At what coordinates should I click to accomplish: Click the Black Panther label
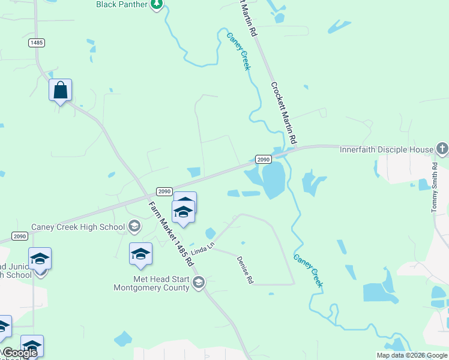(122, 4)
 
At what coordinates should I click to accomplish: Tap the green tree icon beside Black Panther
(157, 4)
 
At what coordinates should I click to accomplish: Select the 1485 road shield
(36, 43)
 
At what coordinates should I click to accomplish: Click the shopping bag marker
(60, 91)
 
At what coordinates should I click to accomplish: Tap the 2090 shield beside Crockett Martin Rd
(264, 159)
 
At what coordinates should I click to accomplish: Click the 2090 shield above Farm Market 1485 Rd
(165, 191)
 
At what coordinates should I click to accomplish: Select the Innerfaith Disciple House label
(387, 149)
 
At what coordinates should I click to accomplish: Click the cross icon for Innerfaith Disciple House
(442, 148)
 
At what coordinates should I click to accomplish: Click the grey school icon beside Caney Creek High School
(134, 226)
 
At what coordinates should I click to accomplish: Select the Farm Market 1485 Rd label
(171, 233)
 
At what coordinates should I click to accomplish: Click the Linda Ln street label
(202, 247)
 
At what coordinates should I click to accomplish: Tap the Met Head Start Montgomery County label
(152, 283)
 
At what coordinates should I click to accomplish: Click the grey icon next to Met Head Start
(199, 282)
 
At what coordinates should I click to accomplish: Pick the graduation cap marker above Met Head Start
(140, 254)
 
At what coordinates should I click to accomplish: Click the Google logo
(20, 353)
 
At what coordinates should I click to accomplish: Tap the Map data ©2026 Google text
(412, 355)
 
